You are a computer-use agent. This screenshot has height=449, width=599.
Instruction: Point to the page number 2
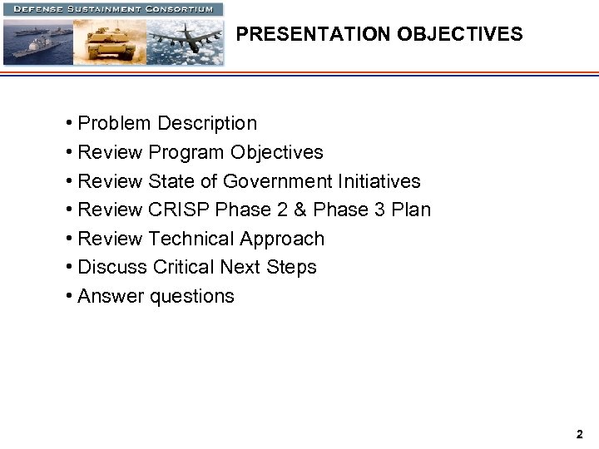tap(579, 434)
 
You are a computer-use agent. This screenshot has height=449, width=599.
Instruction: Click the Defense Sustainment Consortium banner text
tap(113, 9)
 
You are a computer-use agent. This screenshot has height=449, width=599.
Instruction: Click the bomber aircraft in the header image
tap(187, 37)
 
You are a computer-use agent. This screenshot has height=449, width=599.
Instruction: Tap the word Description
tap(207, 124)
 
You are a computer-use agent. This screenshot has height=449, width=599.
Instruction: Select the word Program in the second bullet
tap(186, 153)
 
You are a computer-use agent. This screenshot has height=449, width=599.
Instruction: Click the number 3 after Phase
tap(379, 210)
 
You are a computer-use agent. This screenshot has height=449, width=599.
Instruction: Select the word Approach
tap(282, 239)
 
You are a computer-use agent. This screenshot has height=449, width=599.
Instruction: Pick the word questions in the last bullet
tap(192, 297)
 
